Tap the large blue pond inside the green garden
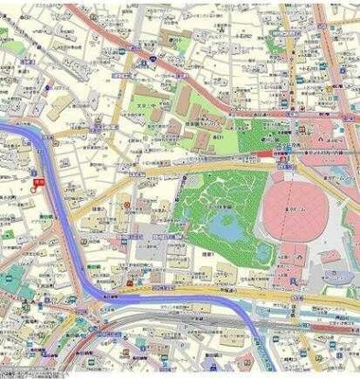coord(227,226)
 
